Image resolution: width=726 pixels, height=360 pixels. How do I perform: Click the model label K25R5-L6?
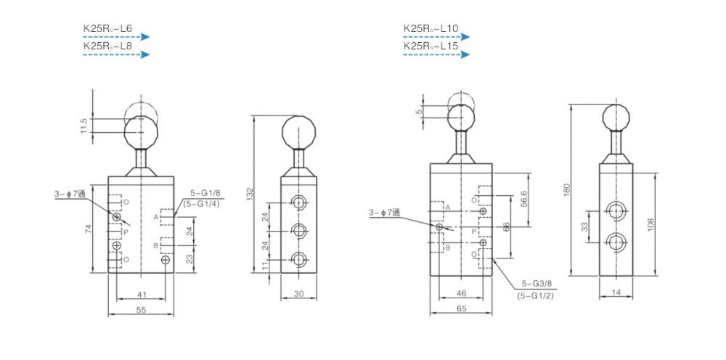click(107, 29)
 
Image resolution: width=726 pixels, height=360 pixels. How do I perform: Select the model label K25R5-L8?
click(107, 46)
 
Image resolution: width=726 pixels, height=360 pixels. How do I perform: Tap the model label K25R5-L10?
click(431, 29)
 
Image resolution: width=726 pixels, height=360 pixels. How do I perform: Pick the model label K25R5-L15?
click(431, 46)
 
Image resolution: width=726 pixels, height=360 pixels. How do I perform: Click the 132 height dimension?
click(250, 193)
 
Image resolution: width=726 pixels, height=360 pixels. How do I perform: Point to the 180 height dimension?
click(567, 190)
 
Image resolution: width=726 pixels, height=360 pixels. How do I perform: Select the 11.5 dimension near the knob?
click(83, 126)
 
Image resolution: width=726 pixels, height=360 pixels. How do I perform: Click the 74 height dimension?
click(89, 229)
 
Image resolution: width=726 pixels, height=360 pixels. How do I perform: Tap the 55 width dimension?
click(142, 311)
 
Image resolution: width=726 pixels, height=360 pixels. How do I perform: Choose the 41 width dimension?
click(142, 294)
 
